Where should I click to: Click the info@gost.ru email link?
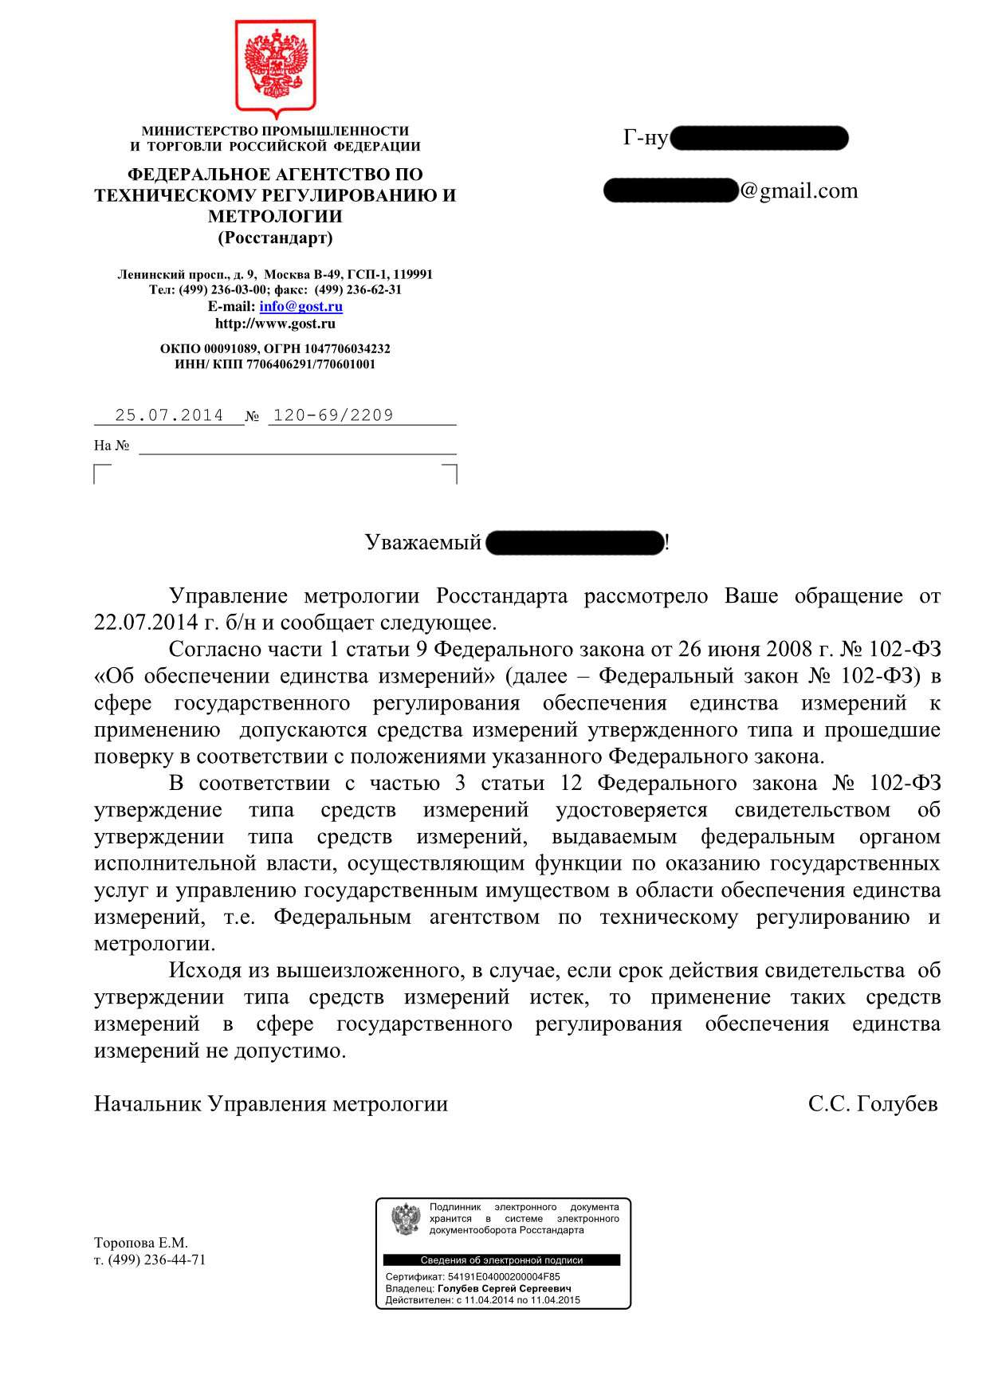[301, 306]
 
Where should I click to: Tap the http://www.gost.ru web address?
[275, 324]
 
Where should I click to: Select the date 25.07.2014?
[169, 415]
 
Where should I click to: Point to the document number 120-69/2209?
[333, 415]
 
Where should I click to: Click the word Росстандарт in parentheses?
[275, 238]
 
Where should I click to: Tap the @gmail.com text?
[799, 191]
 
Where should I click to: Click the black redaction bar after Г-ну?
[759, 139]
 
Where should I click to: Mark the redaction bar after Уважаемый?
[574, 543]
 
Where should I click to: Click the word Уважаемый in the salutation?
[422, 543]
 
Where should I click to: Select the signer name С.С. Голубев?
[873, 1104]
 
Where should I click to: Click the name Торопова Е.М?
[141, 1243]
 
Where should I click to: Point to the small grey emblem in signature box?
[406, 1220]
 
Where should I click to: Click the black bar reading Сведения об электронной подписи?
[501, 1260]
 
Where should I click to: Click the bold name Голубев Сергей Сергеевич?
[505, 1288]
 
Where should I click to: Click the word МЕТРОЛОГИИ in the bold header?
[275, 217]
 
